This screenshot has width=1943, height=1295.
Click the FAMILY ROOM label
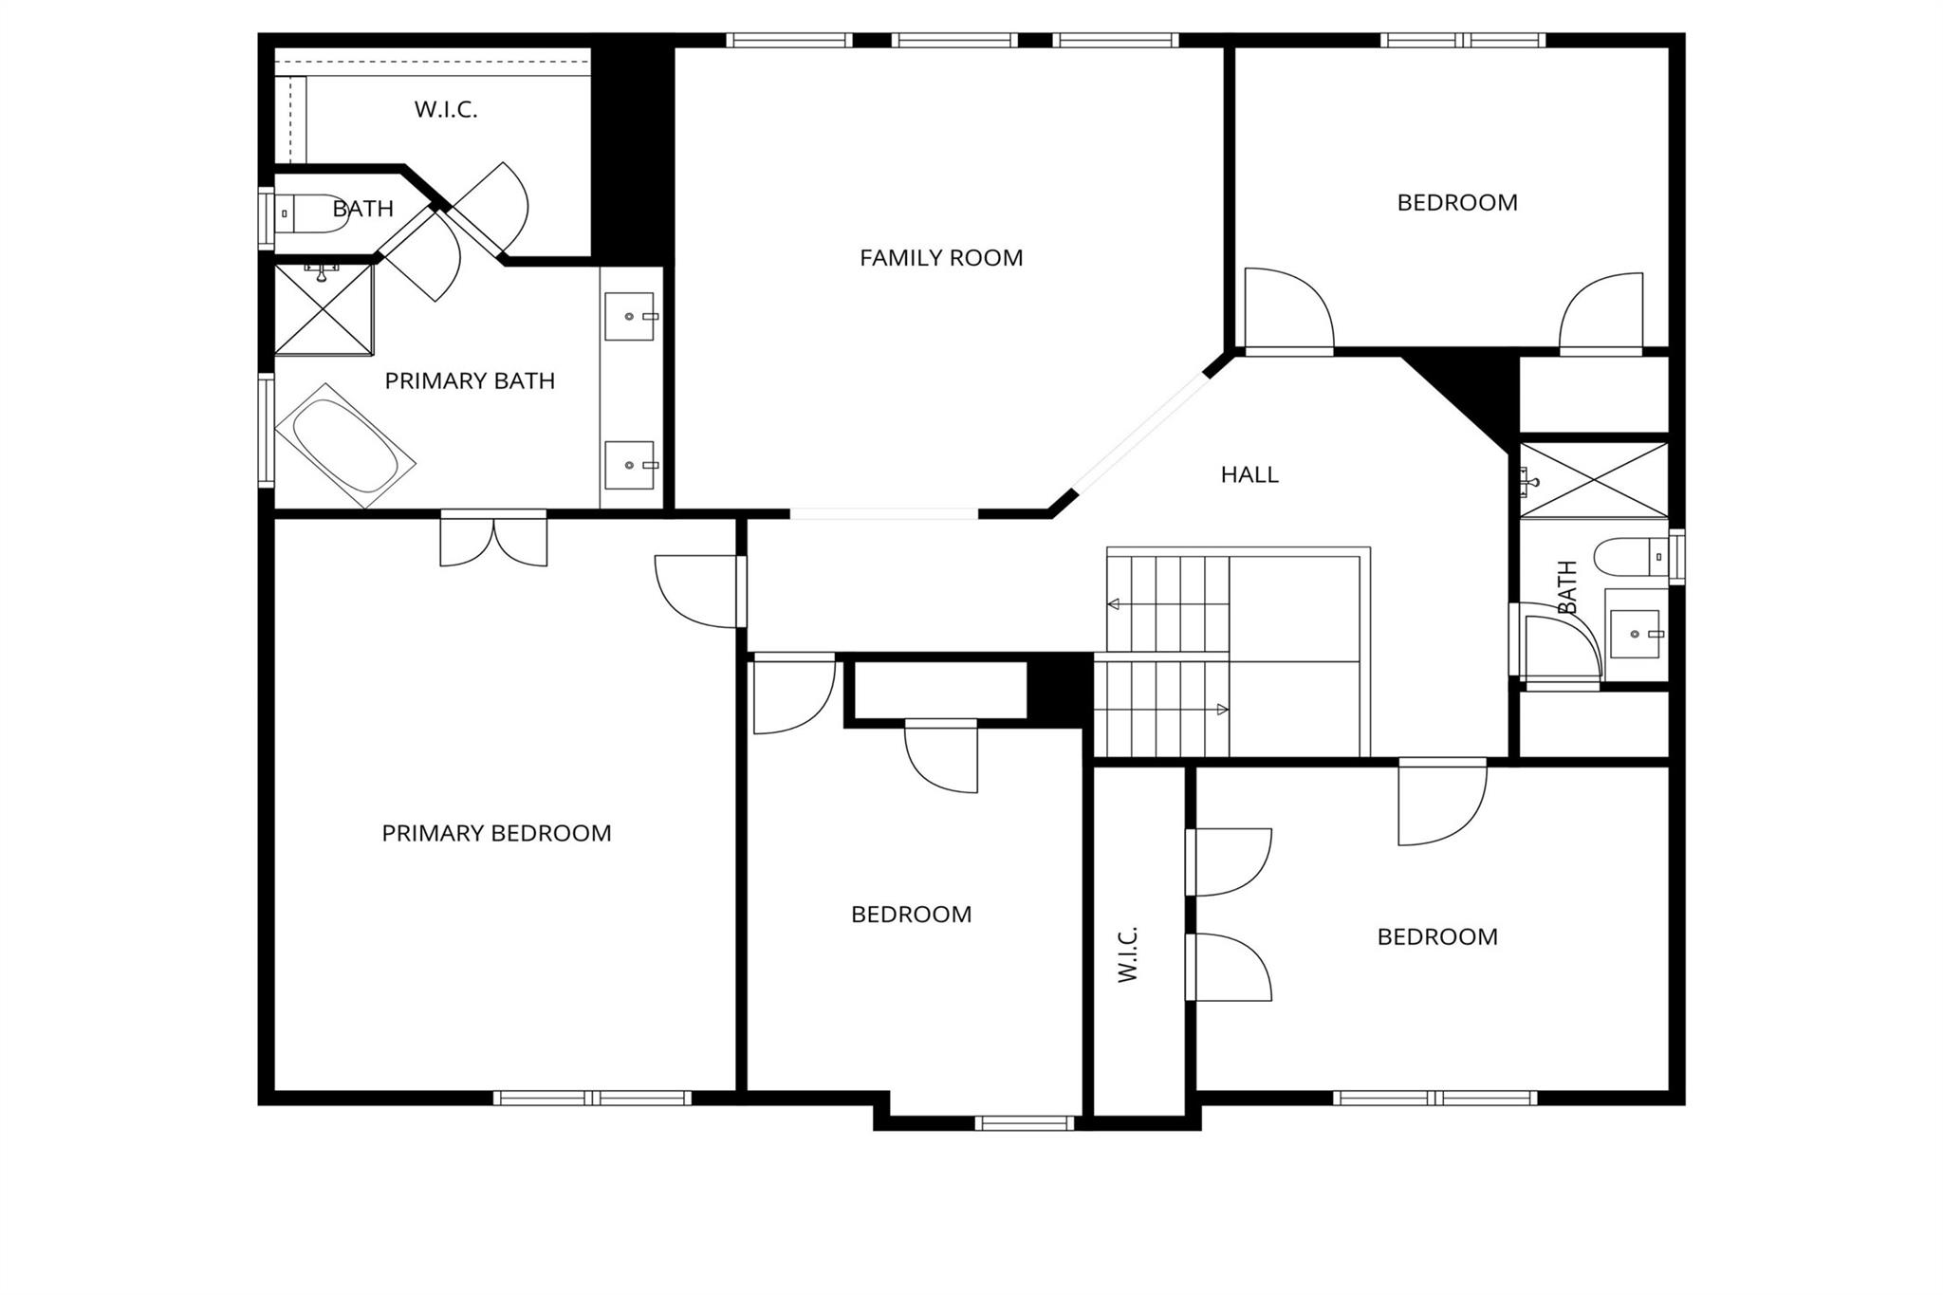941,258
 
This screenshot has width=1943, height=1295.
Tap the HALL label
1249,474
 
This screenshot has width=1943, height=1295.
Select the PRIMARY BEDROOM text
496,833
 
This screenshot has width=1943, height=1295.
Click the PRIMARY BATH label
470,381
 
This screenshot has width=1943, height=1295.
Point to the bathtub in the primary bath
345,446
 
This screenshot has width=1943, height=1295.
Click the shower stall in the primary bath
324,310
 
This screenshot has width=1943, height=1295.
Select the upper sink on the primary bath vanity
629,316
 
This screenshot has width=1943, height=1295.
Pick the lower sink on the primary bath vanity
629,465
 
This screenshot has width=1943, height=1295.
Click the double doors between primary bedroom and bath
493,539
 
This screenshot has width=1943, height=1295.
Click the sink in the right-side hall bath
1635,634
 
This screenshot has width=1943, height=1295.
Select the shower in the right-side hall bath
1594,480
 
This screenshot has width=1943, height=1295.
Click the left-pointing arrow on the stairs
1114,604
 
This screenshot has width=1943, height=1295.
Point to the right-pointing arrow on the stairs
1222,710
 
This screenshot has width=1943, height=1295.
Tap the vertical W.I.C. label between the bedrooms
1127,953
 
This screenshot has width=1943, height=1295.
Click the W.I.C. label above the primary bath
446,110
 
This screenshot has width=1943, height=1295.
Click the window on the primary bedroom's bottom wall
592,1098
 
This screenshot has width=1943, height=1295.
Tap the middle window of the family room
954,40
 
